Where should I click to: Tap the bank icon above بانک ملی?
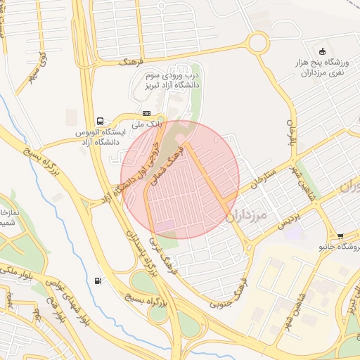point(146,113)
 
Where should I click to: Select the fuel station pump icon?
point(96,281)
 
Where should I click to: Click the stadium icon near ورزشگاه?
point(322,51)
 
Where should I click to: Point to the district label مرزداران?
point(249,214)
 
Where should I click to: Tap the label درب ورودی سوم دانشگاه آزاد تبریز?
point(172,79)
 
